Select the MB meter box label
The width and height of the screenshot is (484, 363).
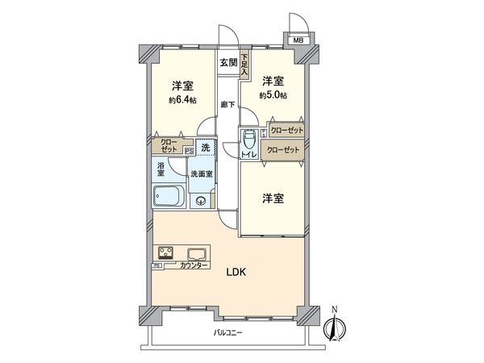(x=298, y=40)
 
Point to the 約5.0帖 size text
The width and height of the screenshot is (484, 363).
(x=272, y=94)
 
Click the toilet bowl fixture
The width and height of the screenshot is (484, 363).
(x=249, y=141)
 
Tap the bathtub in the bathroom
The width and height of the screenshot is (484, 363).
(x=168, y=196)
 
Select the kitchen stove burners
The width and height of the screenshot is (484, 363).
(x=165, y=252)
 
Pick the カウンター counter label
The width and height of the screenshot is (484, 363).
(x=194, y=266)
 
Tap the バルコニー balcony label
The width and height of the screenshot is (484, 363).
(x=229, y=334)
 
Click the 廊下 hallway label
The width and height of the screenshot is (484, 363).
(x=227, y=104)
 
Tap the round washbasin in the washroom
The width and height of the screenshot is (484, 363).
(x=202, y=202)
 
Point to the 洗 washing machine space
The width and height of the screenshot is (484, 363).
(x=206, y=148)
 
